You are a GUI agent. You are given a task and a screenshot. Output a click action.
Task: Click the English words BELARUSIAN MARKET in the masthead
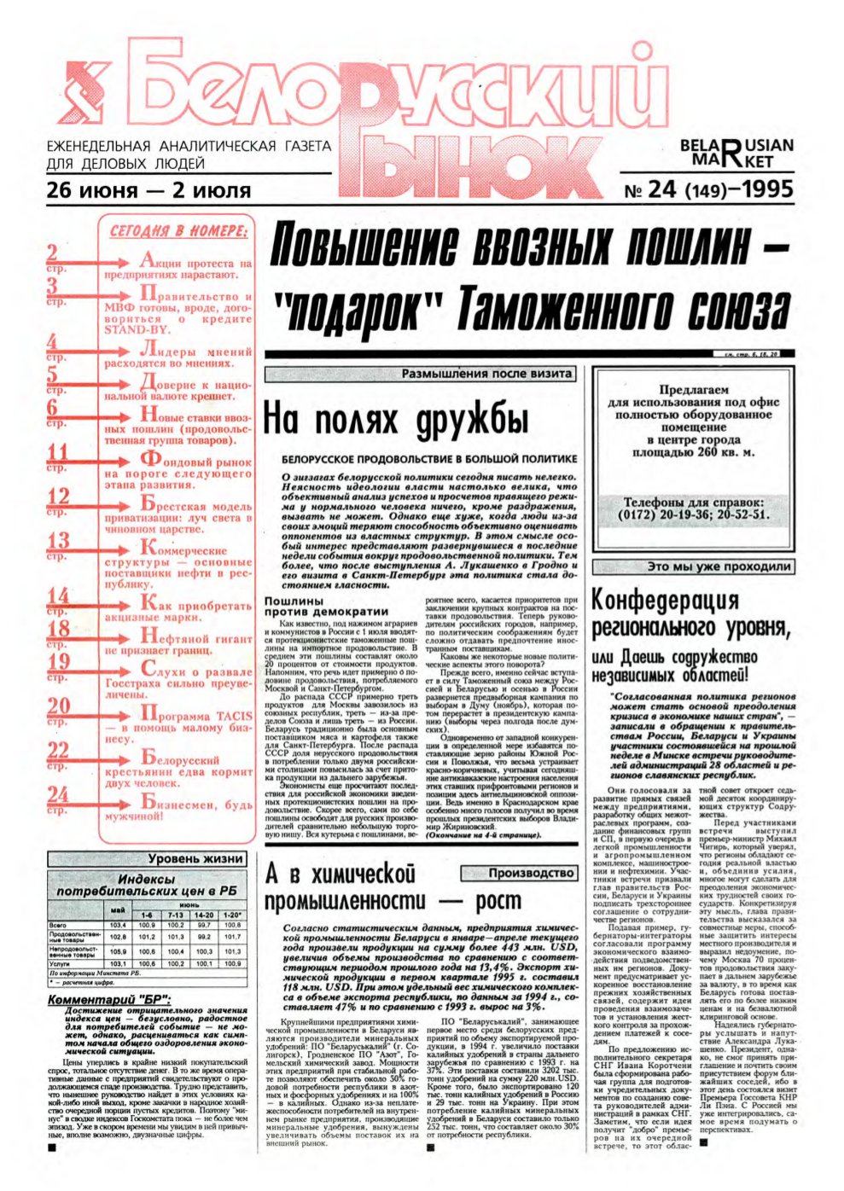[x=736, y=153]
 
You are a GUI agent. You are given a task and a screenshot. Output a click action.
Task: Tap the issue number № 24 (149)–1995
[x=709, y=189]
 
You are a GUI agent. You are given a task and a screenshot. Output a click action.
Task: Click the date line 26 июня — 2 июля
[x=149, y=189]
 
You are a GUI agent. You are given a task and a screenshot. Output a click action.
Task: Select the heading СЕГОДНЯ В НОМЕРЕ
[x=179, y=230]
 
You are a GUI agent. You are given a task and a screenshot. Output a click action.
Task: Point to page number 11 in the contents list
[x=57, y=453]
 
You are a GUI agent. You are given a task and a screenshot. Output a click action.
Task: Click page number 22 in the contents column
[x=57, y=751]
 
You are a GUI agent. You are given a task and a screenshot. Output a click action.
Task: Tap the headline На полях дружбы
[x=395, y=421]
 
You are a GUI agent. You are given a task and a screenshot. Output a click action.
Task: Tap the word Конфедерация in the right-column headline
[x=665, y=601]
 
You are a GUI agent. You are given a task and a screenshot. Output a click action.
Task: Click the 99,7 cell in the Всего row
[x=204, y=925]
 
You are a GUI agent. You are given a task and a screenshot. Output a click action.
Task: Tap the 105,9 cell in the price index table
[x=118, y=950]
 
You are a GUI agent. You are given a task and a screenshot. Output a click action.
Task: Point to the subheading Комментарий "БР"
[x=108, y=999]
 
